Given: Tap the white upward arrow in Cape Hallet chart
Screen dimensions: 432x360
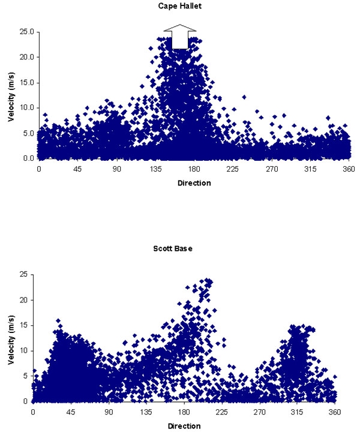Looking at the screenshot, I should coord(180,37).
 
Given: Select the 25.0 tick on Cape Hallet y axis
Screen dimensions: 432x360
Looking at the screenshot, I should coord(25,32).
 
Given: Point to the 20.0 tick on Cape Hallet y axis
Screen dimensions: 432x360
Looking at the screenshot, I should coord(25,57).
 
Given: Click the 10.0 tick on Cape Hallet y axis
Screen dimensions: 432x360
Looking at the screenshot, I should coord(25,108).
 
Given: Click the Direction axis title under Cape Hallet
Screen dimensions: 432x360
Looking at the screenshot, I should coord(194,182).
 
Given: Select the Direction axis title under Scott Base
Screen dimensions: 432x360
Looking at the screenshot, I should coord(184,425).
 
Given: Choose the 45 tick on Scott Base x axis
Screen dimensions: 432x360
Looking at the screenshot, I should coord(71,413).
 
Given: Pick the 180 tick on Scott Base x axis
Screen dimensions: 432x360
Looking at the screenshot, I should coord(184,413).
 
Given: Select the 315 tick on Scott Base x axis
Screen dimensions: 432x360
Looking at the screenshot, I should coord(298,413).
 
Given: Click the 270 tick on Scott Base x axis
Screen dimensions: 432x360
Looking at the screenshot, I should coord(260,413).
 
